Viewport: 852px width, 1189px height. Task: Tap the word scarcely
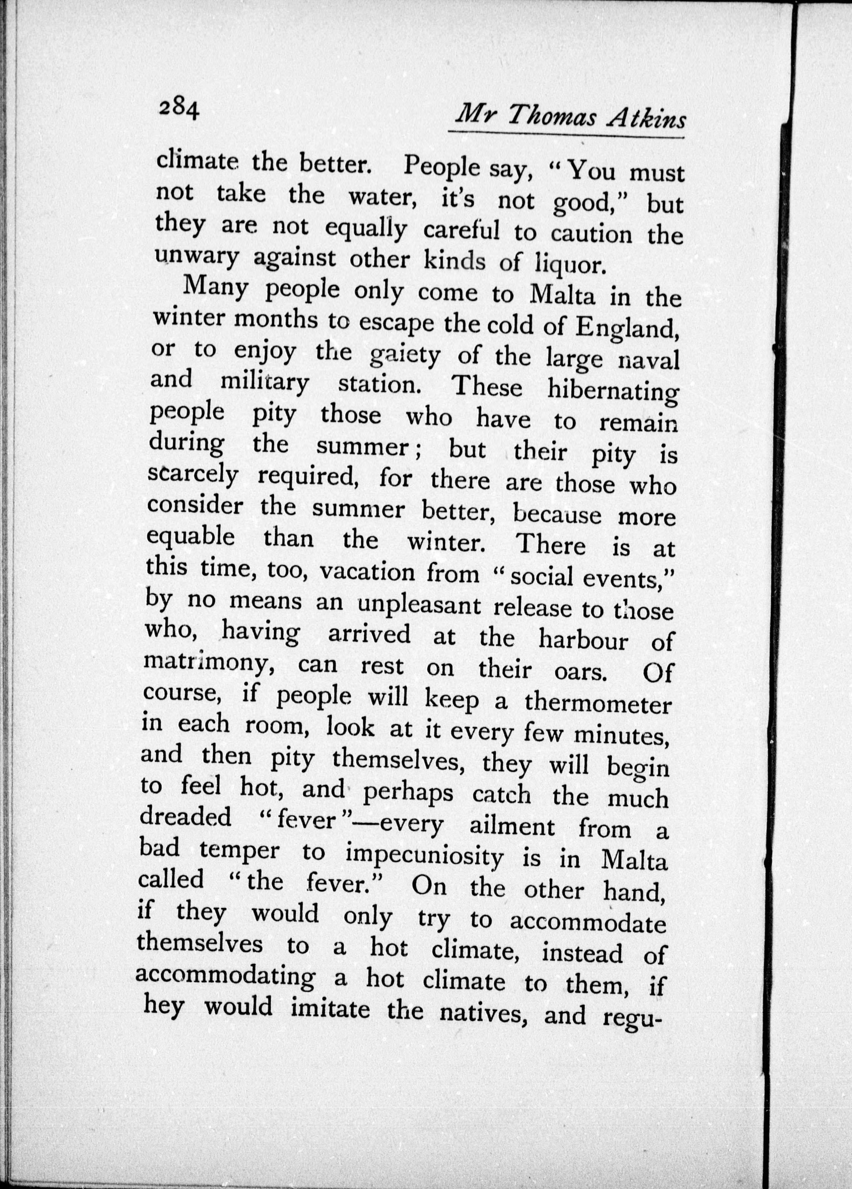click(x=193, y=475)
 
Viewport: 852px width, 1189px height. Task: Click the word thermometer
click(x=598, y=704)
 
